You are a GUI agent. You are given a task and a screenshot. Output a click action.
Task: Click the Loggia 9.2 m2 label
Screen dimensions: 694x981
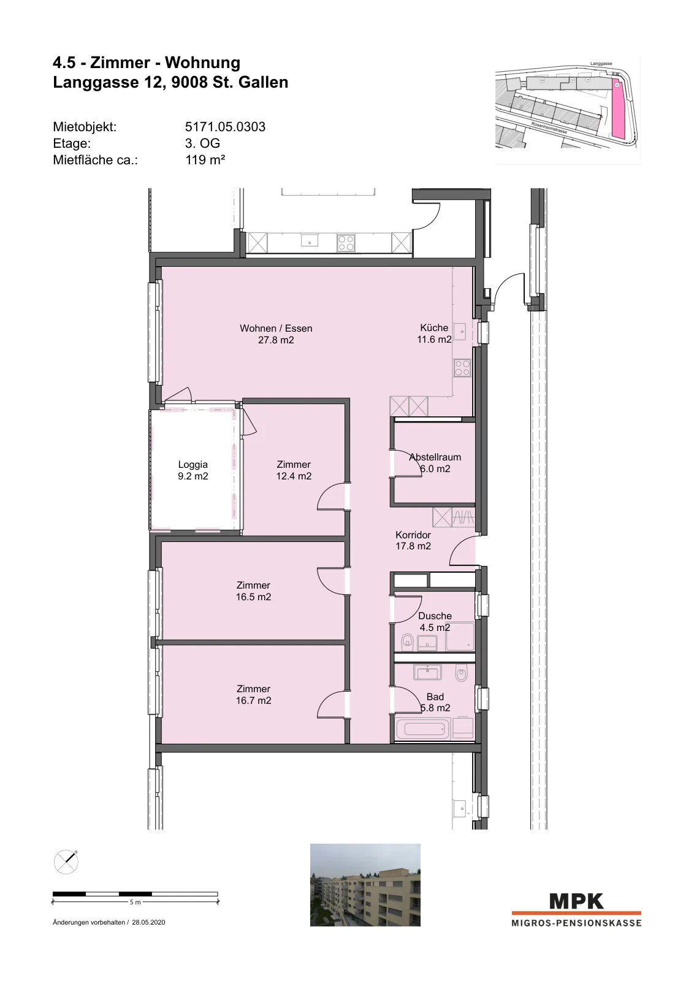(x=193, y=470)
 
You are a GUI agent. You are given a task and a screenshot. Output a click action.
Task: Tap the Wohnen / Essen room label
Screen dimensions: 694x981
(x=276, y=334)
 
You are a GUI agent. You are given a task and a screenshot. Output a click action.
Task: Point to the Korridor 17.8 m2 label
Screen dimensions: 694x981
(x=413, y=540)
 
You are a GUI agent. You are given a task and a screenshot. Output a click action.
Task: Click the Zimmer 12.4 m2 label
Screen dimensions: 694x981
(x=294, y=470)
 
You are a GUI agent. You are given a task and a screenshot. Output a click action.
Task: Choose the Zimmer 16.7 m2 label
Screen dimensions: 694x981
(x=254, y=695)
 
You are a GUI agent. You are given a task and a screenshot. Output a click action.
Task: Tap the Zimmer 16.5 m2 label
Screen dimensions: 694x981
(x=254, y=591)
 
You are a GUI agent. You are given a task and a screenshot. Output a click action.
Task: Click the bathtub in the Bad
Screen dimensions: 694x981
(x=423, y=729)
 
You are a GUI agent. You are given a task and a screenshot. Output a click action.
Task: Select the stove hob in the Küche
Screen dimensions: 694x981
(x=462, y=368)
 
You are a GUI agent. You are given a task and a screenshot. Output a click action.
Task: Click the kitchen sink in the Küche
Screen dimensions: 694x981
(x=460, y=332)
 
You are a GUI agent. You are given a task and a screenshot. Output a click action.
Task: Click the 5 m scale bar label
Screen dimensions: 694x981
(x=135, y=902)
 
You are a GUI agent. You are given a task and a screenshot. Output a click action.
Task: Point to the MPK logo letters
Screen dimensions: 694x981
(x=576, y=901)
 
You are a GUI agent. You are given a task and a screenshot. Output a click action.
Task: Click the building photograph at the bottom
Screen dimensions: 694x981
(x=365, y=885)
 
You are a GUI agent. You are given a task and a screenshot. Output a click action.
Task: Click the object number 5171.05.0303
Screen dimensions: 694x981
(x=225, y=127)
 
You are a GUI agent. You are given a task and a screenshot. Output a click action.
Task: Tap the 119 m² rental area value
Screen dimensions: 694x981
(x=205, y=160)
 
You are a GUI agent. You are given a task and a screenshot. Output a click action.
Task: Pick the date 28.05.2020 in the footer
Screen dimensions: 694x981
(x=148, y=922)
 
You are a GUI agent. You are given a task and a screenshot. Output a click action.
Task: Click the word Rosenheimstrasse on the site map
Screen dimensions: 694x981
(x=549, y=128)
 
